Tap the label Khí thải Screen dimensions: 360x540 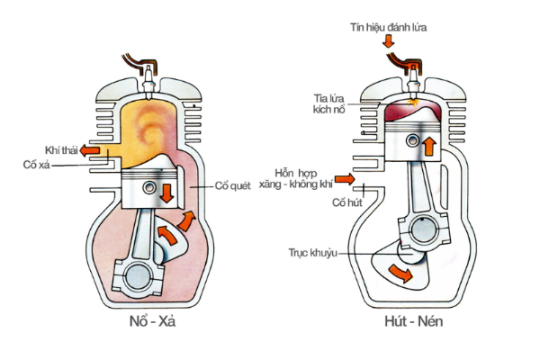point(59,149)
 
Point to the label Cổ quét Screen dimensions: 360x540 point(231,185)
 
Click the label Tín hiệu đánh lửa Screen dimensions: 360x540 point(388,28)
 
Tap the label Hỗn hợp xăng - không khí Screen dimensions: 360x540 point(301,178)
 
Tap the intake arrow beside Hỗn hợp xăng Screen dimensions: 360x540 point(344,178)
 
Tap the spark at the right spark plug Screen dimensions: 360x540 point(412,103)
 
